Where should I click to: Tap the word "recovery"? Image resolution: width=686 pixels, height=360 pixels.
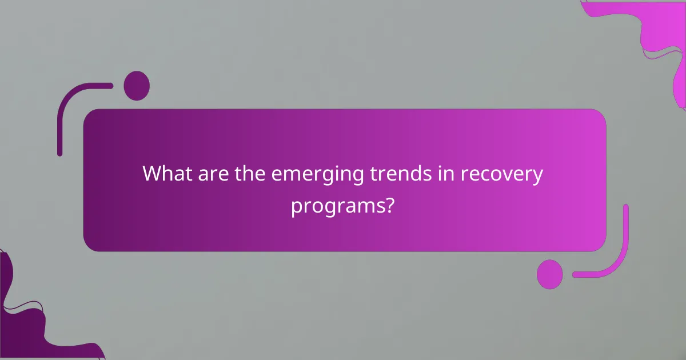click(x=500, y=175)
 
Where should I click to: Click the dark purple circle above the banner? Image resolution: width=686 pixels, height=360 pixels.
click(x=137, y=86)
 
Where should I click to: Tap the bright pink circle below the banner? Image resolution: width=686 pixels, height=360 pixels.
click(x=550, y=274)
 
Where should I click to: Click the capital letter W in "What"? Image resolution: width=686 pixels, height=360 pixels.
click(x=154, y=174)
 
